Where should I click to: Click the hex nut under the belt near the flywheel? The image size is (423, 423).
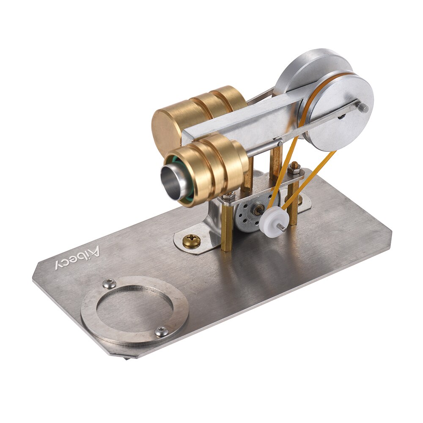(x=295, y=168)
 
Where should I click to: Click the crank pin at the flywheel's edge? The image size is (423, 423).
(x=363, y=107)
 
